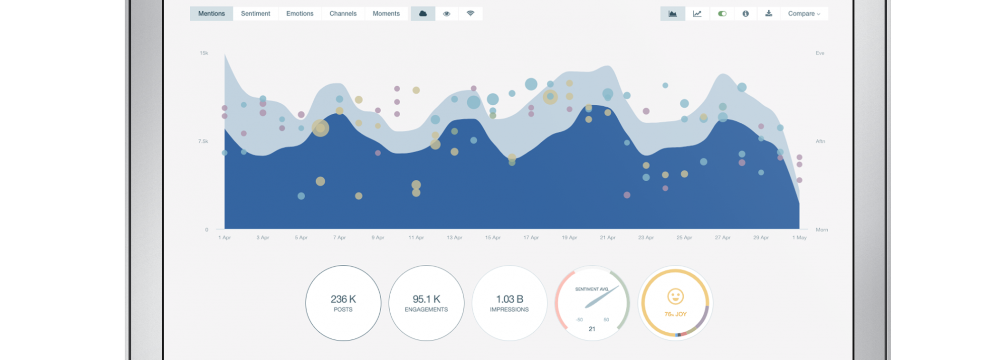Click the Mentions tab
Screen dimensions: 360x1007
point(211,14)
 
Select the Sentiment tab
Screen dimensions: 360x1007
point(255,14)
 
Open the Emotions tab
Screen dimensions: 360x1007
point(300,14)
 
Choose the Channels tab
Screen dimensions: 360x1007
point(343,14)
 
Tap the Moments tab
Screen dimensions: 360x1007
point(386,14)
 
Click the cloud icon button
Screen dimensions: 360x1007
point(423,14)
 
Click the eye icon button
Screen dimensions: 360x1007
point(447,14)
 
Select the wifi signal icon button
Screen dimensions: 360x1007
point(470,14)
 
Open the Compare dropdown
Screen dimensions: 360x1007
point(804,14)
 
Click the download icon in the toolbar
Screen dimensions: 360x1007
point(769,14)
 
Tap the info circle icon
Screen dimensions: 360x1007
point(746,14)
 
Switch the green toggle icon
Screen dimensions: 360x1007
point(722,14)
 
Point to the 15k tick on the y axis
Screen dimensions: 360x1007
point(204,53)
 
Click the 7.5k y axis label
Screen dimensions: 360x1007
point(203,141)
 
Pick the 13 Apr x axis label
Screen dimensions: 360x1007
point(454,238)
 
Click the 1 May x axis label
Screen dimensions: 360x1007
point(799,238)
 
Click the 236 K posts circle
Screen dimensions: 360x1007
point(343,303)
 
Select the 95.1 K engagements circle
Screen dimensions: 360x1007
point(426,303)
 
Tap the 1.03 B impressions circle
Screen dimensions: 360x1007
point(509,303)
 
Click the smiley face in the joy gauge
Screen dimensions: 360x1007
point(675,297)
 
